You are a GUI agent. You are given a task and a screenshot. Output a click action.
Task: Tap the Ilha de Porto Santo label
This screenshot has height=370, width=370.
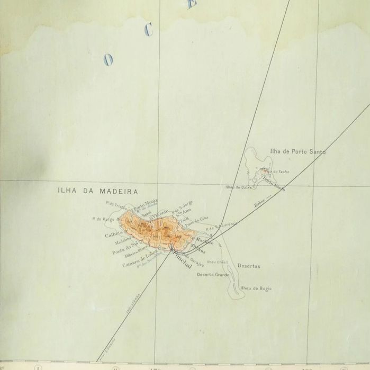click(x=297, y=151)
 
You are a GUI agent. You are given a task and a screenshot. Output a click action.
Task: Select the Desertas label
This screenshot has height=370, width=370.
click(x=249, y=266)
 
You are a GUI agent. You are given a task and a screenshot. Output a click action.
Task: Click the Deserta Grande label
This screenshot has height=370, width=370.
click(x=213, y=275)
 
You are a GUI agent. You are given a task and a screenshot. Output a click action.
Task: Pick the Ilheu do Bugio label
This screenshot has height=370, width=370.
click(x=256, y=287)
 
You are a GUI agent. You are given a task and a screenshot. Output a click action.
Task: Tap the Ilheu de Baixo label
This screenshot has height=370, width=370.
click(x=237, y=187)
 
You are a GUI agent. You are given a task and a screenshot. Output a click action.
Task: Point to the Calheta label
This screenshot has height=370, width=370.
click(x=114, y=234)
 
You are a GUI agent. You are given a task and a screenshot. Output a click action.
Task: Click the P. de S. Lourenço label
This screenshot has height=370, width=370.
click(x=222, y=226)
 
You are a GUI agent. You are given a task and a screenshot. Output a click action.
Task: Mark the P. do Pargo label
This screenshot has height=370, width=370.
click(x=104, y=218)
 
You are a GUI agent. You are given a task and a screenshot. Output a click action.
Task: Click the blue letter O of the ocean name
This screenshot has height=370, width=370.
click(x=109, y=60)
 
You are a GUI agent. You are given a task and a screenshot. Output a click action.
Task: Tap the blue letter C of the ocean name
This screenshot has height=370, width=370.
click(x=149, y=30)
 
